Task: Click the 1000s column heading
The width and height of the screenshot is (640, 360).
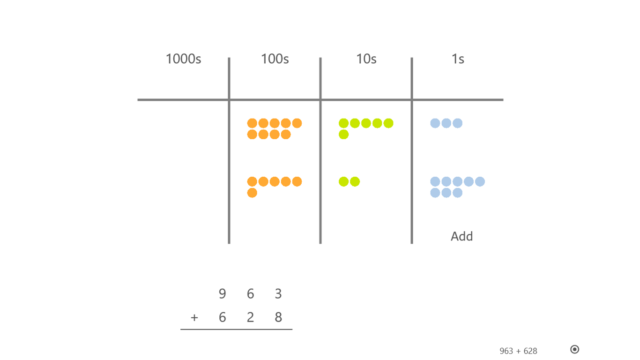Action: pyautogui.click(x=184, y=59)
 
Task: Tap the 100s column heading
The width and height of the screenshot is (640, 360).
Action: pyautogui.click(x=275, y=59)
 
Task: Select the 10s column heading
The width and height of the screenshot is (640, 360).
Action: pyautogui.click(x=366, y=59)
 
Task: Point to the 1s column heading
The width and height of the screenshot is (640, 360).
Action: pyautogui.click(x=458, y=59)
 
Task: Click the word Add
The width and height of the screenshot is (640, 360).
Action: pyautogui.click(x=461, y=236)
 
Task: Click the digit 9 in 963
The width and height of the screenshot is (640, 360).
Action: pyautogui.click(x=222, y=293)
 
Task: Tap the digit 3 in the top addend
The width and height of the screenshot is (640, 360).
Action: pyautogui.click(x=278, y=293)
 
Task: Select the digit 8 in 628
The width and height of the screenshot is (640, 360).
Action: pyautogui.click(x=278, y=317)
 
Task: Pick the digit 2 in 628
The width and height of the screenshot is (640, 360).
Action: pyautogui.click(x=250, y=317)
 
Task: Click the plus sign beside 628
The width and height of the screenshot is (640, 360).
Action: pyautogui.click(x=194, y=318)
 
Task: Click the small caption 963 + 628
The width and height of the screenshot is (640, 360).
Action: pyautogui.click(x=518, y=351)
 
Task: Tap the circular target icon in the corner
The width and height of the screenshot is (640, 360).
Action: pyautogui.click(x=574, y=349)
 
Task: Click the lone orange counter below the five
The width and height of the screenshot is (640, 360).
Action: pyautogui.click(x=252, y=193)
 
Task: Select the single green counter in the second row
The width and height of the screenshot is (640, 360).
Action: pyautogui.click(x=344, y=135)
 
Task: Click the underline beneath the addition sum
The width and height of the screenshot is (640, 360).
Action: pyautogui.click(x=236, y=330)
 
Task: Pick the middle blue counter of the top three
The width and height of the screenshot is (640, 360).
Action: pyautogui.click(x=447, y=123)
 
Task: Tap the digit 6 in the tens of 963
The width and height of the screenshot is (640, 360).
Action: pyautogui.click(x=250, y=293)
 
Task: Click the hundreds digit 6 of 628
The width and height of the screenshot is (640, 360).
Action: pyautogui.click(x=222, y=317)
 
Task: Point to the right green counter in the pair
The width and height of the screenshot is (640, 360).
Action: pyautogui.click(x=355, y=181)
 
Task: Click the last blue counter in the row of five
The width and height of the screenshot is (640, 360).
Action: pyautogui.click(x=480, y=181)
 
